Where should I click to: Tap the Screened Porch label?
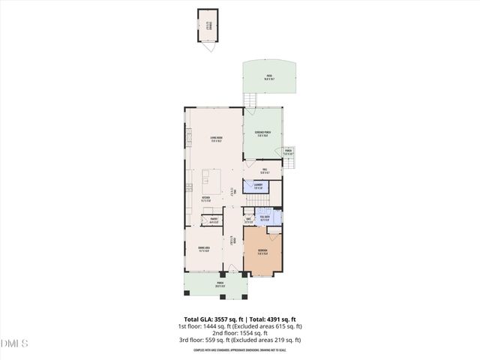262,136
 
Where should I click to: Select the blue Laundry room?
257,186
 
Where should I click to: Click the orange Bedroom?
262,252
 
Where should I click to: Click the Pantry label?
214,220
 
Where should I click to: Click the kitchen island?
211,181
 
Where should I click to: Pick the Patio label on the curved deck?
268,76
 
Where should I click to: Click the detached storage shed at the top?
206,29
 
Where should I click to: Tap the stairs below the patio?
252,100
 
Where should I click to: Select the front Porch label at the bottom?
220,286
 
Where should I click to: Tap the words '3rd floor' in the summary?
190,340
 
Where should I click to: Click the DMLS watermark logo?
15,343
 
